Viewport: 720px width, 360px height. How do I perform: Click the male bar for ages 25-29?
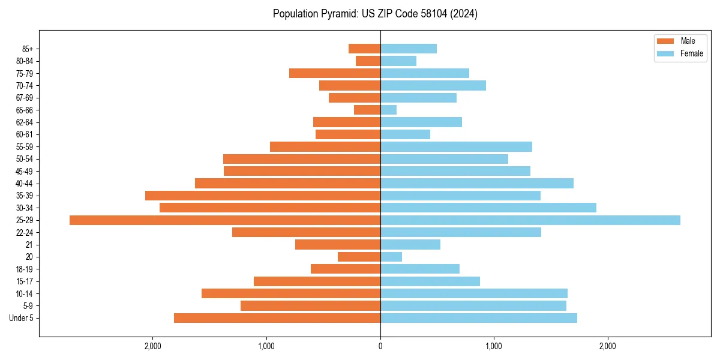(225, 220)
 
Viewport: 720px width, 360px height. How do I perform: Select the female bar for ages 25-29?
(530, 220)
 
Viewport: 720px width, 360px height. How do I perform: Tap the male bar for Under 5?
(277, 318)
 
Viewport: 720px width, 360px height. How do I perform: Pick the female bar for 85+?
(409, 49)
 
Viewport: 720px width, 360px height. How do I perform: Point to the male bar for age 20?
(359, 257)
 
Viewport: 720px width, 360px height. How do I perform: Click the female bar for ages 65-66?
(388, 110)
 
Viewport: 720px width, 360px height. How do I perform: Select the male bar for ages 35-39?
(263, 196)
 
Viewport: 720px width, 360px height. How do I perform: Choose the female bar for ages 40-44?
(477, 183)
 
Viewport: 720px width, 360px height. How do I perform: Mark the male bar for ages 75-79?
(335, 73)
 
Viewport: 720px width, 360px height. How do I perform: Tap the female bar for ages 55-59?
(456, 146)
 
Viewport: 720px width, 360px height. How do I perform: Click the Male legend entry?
(680, 41)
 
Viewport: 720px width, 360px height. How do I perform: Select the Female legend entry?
(680, 53)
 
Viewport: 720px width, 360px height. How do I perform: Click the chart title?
(375, 14)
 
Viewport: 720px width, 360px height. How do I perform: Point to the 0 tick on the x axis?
(380, 346)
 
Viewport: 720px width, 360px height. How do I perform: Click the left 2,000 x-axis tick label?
(153, 346)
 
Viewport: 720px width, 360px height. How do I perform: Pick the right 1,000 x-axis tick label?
(494, 346)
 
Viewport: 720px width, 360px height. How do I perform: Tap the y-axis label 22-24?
(25, 233)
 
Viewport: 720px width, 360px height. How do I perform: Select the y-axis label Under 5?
(22, 318)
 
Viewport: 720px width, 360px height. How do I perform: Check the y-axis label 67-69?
(25, 98)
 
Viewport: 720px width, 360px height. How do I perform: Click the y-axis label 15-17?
(25, 281)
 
